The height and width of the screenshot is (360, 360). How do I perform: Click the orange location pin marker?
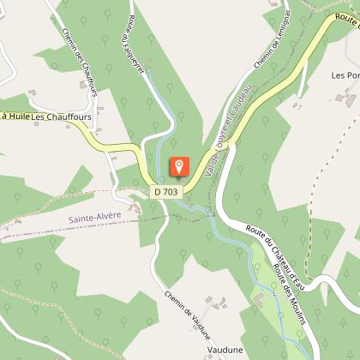tap(178, 166)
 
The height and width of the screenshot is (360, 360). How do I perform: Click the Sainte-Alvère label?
tap(94, 219)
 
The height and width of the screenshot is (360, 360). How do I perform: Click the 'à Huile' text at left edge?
tap(15, 116)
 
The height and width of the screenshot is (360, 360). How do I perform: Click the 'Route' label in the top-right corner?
tap(346, 18)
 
